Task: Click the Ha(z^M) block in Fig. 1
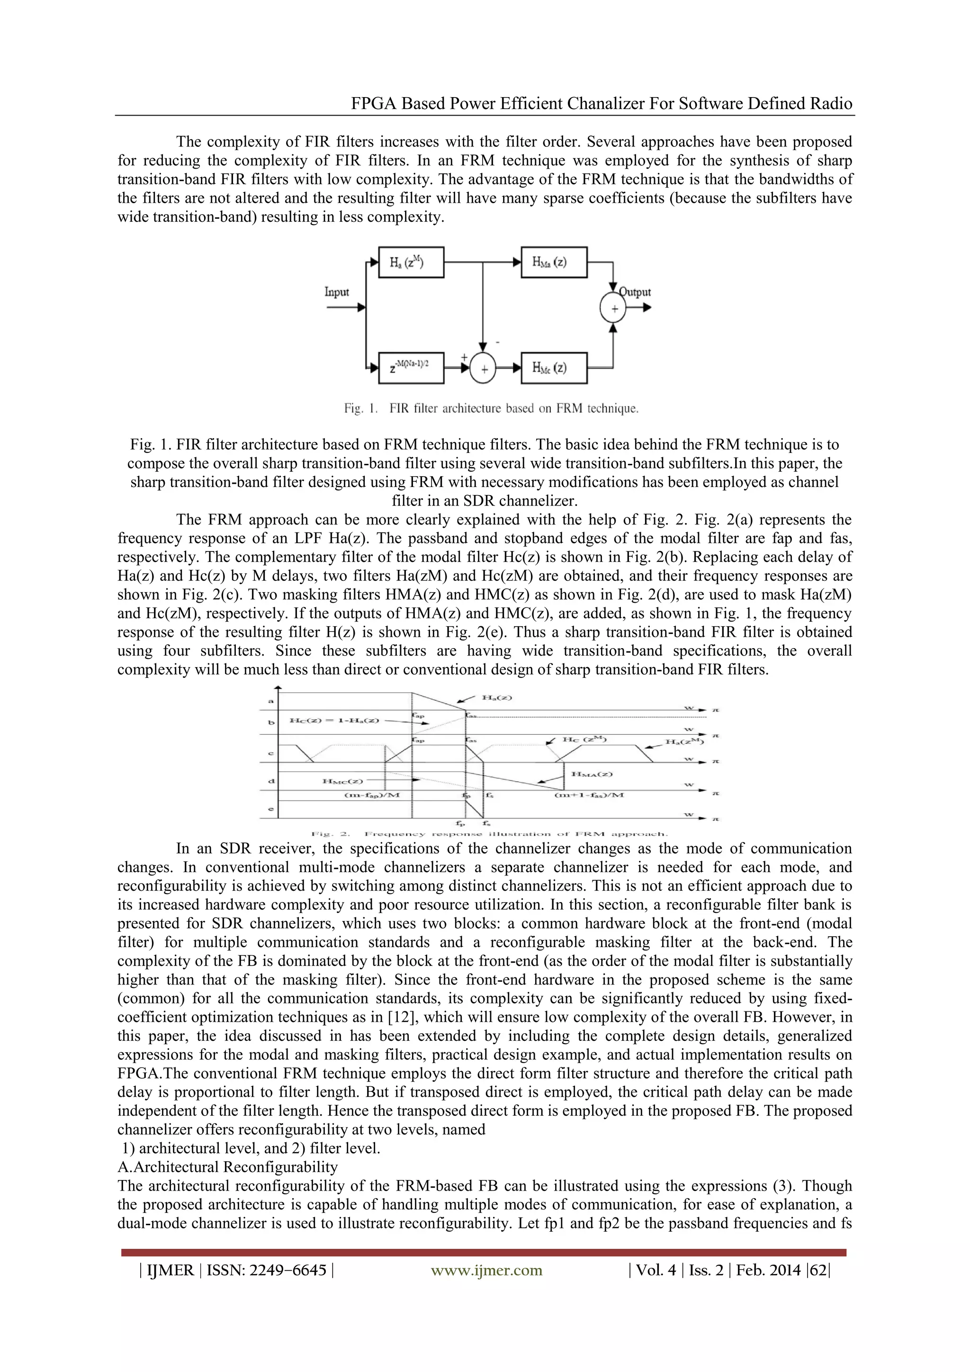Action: point(411,262)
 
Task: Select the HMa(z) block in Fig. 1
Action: point(554,262)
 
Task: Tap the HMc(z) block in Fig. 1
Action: point(554,368)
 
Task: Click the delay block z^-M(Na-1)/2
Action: point(411,368)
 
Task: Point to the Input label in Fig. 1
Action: point(336,292)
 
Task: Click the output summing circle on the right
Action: point(613,308)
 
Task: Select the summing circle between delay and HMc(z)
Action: point(483,369)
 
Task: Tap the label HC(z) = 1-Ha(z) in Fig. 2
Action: point(334,721)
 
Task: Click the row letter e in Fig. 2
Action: point(271,810)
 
